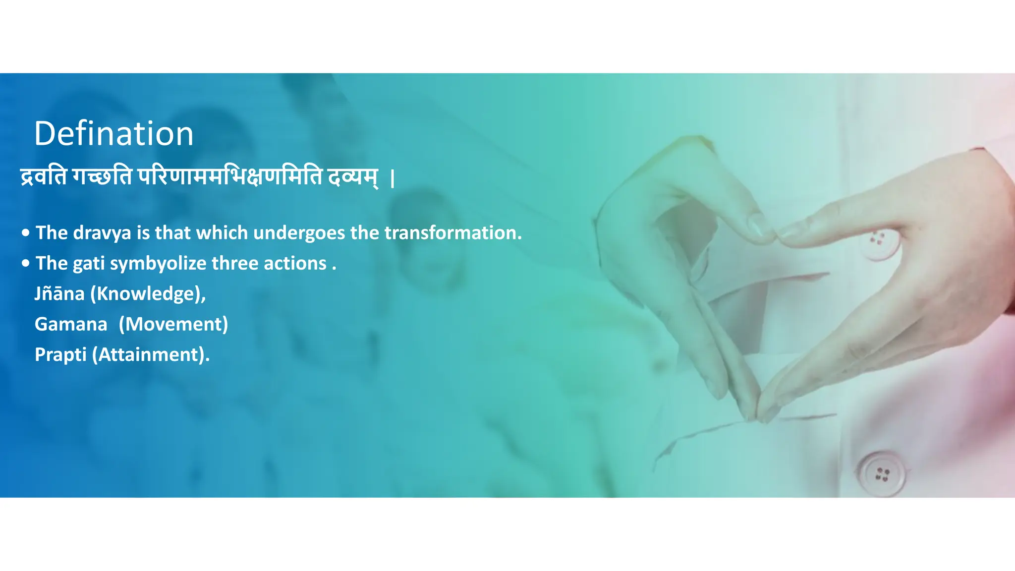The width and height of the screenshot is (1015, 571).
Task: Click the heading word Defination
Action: (113, 134)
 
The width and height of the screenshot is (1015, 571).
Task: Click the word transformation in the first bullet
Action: (453, 233)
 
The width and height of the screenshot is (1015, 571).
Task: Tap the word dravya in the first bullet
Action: (102, 233)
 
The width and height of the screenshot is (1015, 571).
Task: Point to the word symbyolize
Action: (158, 264)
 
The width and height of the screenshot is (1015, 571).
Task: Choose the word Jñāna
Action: (59, 294)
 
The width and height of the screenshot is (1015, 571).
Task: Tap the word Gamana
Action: (71, 324)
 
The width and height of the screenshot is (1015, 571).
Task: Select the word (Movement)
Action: (173, 324)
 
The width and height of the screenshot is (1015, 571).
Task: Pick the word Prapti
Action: (60, 355)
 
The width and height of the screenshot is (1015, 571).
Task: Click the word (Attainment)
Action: (151, 355)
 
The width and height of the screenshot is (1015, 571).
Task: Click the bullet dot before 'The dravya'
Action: (26, 232)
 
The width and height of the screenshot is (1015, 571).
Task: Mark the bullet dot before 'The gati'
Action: (26, 263)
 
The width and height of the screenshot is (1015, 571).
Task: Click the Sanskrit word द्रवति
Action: (43, 177)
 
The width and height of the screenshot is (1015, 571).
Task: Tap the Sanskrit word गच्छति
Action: (102, 177)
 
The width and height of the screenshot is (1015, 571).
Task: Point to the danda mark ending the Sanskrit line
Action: (393, 178)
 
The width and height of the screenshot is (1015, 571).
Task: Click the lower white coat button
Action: (881, 473)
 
